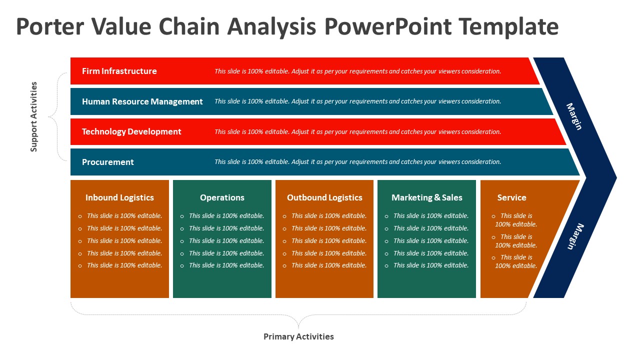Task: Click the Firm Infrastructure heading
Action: click(119, 71)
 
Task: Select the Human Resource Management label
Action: click(142, 101)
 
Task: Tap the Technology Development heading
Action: click(131, 131)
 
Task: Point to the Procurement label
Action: click(107, 162)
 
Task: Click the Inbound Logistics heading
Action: click(119, 197)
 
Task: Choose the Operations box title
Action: click(222, 197)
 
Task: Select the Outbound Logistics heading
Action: click(324, 197)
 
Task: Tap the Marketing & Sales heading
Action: click(426, 197)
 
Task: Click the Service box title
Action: click(511, 197)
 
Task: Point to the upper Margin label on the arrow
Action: click(574, 116)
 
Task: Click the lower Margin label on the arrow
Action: click(575, 236)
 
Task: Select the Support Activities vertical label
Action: click(34, 116)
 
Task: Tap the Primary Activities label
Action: click(298, 336)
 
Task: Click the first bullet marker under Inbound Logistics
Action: click(80, 216)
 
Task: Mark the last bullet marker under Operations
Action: click(182, 266)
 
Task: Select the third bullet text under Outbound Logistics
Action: click(329, 240)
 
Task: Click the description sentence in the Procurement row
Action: click(357, 162)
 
